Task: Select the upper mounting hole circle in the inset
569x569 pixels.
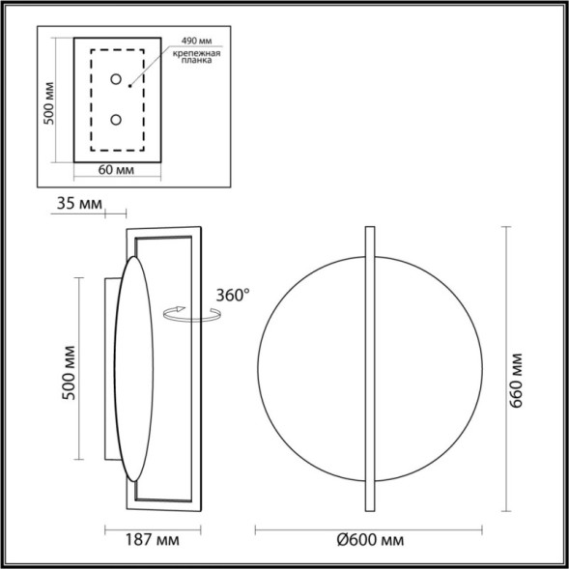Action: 116,79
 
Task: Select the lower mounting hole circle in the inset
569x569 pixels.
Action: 116,120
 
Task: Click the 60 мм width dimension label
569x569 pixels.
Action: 116,169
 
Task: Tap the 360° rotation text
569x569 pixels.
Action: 234,295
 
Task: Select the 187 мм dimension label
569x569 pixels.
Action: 154,540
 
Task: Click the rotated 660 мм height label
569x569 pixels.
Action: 518,371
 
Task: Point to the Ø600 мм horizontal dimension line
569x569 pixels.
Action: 290,527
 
